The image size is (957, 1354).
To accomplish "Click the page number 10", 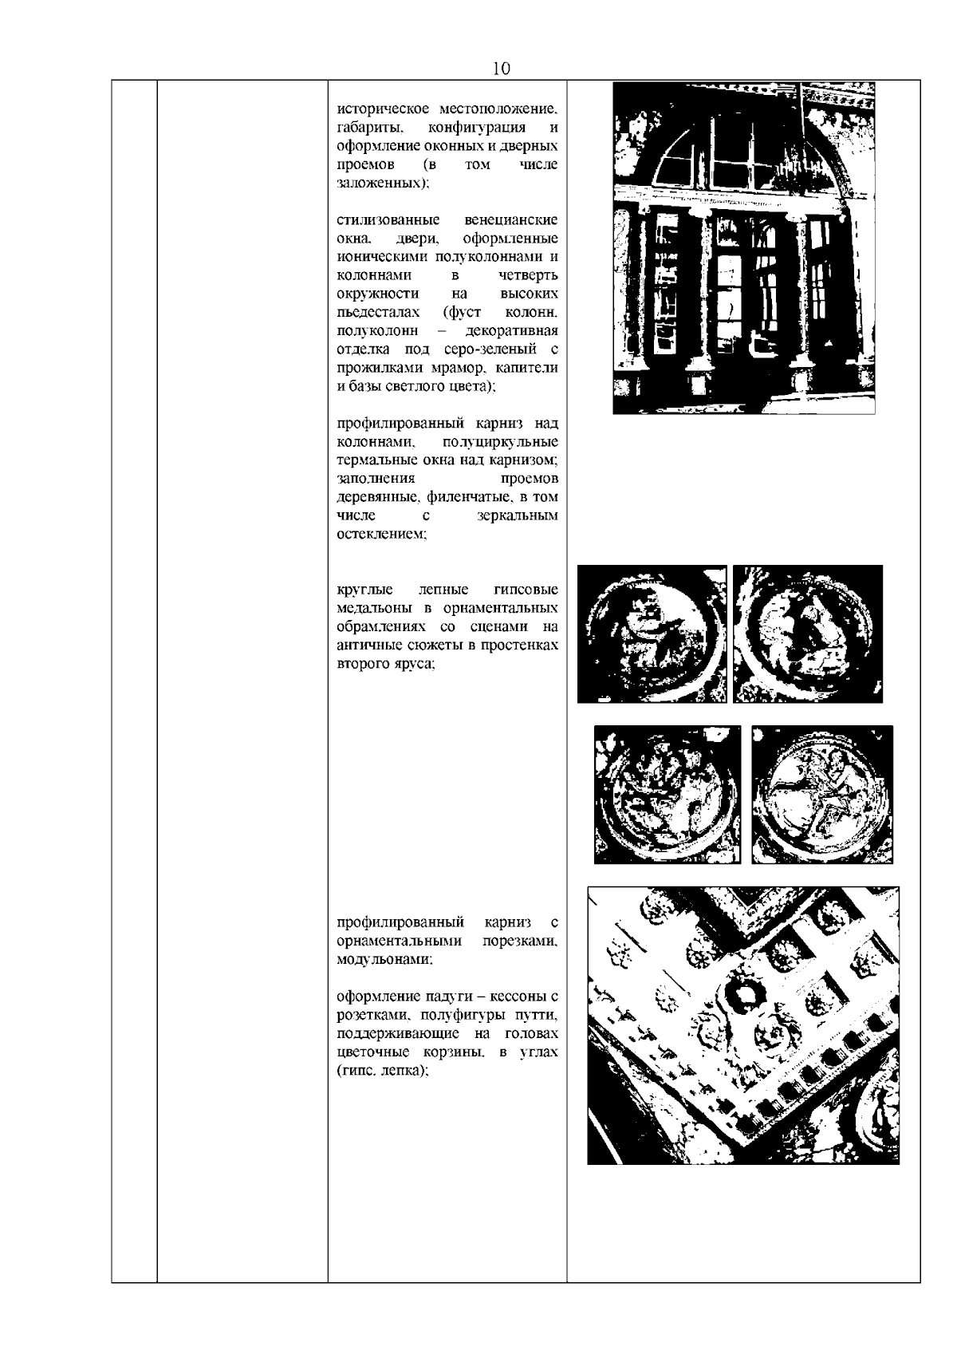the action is [501, 69].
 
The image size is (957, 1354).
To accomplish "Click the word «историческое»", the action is [383, 110].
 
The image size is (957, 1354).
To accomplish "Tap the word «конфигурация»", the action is [476, 128].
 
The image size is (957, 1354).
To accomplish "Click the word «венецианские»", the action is [511, 220].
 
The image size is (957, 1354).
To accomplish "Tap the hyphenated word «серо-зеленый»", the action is [490, 349].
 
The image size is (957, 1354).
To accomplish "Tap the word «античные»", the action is [368, 645].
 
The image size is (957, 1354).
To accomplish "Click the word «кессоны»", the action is [514, 997].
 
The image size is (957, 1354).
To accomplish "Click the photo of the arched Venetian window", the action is [744, 248].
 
